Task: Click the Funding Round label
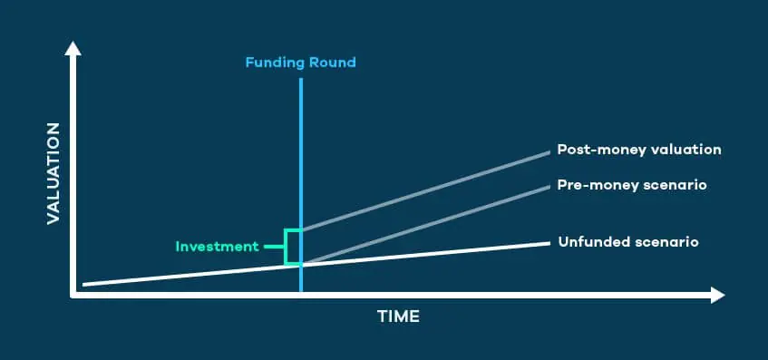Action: tap(300, 63)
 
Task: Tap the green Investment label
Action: tap(217, 247)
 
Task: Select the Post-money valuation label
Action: tap(639, 150)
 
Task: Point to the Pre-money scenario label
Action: tap(632, 186)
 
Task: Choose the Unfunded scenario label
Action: tap(628, 242)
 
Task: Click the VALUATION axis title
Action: tap(53, 173)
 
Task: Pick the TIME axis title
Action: tap(398, 316)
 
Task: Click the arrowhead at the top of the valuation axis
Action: tap(73, 49)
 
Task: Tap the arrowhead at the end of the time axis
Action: tap(717, 296)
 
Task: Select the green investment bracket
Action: tap(286, 247)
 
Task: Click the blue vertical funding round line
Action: tap(301, 185)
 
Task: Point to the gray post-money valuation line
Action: tap(425, 191)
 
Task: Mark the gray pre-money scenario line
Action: tap(425, 225)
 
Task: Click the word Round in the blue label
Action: tap(333, 63)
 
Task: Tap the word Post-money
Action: tap(592, 150)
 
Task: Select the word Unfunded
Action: tap(588, 242)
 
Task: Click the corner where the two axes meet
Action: tap(73, 296)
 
